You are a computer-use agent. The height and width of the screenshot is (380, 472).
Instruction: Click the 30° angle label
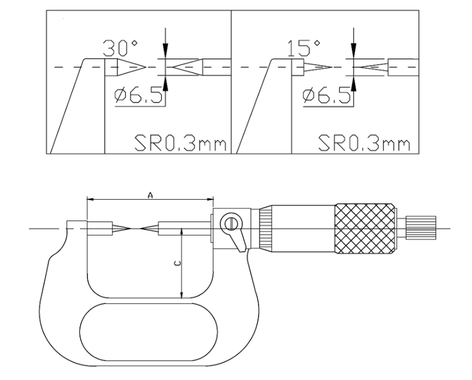[120, 48]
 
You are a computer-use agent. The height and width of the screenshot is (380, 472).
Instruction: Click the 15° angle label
[304, 48]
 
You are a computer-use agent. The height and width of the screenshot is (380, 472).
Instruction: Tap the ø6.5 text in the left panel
[139, 95]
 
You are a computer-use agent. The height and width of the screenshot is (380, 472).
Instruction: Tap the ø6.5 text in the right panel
[327, 95]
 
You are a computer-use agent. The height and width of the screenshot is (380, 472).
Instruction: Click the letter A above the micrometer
[150, 196]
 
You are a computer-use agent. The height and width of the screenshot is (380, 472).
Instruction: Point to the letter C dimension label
[178, 264]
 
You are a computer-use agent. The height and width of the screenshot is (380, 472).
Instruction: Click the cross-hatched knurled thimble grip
[365, 229]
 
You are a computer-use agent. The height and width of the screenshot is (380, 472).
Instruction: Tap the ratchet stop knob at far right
[421, 228]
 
